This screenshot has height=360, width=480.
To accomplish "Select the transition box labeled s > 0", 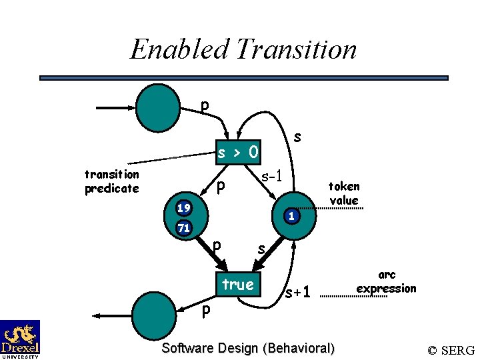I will pyautogui.click(x=238, y=153).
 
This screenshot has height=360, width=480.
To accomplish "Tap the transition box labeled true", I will pyautogui.click(x=238, y=285).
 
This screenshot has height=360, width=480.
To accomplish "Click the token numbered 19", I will pyautogui.click(x=183, y=208).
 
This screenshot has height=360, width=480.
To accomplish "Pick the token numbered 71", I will pyautogui.click(x=183, y=228).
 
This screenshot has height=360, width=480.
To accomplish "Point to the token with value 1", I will pyautogui.click(x=291, y=215).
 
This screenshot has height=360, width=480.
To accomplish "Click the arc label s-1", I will pyautogui.click(x=273, y=177).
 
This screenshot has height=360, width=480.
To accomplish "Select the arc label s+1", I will pyautogui.click(x=297, y=292).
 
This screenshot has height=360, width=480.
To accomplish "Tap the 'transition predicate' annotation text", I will pyautogui.click(x=112, y=181).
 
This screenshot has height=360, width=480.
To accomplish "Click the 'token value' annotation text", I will pyautogui.click(x=343, y=193).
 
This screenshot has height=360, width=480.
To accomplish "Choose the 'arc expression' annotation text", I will pyautogui.click(x=386, y=281).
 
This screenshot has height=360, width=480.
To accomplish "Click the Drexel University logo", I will pyautogui.click(x=20, y=339).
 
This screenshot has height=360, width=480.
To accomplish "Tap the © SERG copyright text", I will pyautogui.click(x=451, y=350).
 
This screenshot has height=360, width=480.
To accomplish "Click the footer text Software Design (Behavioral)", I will pyautogui.click(x=248, y=348).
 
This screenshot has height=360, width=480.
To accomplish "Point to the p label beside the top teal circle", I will pyautogui.click(x=205, y=105).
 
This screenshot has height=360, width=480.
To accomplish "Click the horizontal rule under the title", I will pyautogui.click(x=243, y=78).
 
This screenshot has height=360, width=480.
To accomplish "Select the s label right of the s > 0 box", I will pyautogui.click(x=297, y=137).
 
